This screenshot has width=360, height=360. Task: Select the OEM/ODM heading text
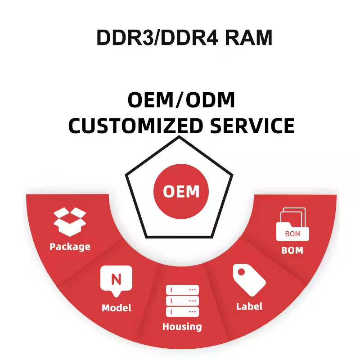(x=181, y=100)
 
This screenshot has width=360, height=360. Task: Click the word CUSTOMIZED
(x=135, y=126)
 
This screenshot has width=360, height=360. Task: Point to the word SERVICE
(x=252, y=126)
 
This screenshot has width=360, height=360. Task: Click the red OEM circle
(x=181, y=192)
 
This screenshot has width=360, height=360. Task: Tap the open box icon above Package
(x=70, y=221)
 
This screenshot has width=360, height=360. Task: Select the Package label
(x=70, y=247)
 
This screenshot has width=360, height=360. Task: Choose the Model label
(x=116, y=308)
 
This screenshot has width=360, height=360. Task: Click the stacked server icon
(x=182, y=301)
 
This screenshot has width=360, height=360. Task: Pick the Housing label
(x=182, y=327)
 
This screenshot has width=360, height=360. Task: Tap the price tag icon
(x=248, y=279)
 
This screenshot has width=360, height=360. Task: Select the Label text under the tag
(x=249, y=306)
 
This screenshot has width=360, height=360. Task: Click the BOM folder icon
(x=292, y=225)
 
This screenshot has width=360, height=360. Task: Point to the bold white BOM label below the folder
(x=292, y=250)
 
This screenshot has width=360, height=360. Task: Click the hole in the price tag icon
(x=241, y=272)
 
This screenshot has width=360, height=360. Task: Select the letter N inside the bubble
(x=116, y=279)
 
